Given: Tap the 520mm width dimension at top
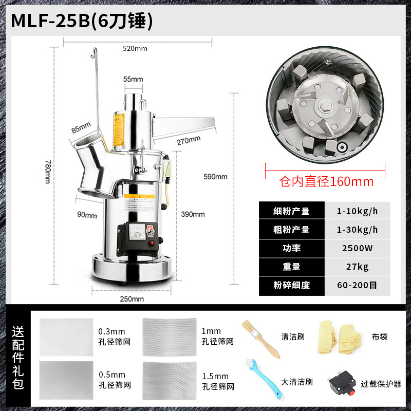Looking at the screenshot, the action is tap(135, 48).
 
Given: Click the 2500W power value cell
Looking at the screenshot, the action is tap(358, 248).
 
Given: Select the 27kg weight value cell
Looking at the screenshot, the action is tap(358, 267).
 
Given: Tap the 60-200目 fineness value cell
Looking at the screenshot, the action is tap(358, 286).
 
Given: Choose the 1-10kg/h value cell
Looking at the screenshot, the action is tap(358, 211).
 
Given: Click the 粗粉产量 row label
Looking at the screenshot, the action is tap(291, 230).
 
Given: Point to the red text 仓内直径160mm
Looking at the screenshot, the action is tap(326, 182).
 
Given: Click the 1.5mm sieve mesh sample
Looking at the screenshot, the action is tap(170, 378).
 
